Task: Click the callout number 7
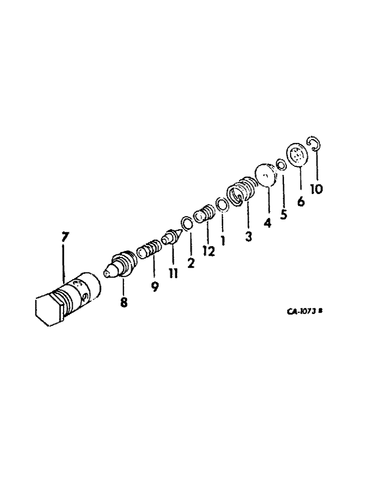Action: pyautogui.click(x=65, y=237)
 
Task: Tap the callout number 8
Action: pyautogui.click(x=124, y=303)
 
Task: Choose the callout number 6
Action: pyautogui.click(x=300, y=202)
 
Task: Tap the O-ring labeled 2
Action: pyautogui.click(x=187, y=223)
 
